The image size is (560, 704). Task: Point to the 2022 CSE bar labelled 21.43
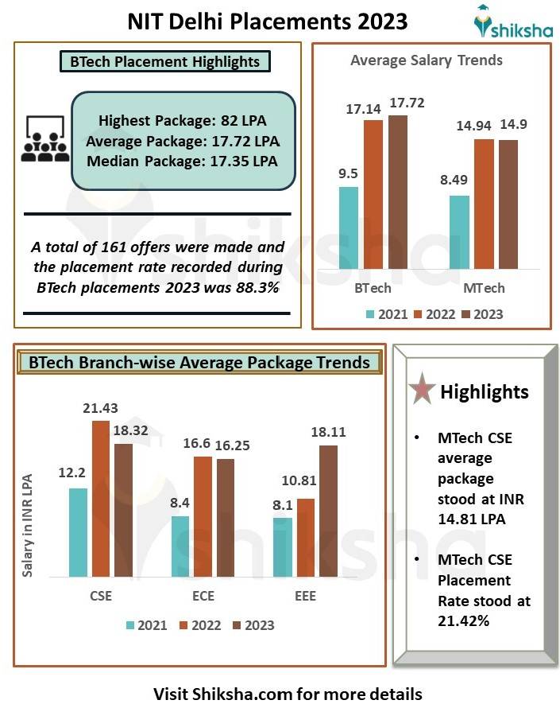[100, 498]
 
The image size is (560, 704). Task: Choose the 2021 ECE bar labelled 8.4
[180, 546]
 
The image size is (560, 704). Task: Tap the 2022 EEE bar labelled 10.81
[305, 537]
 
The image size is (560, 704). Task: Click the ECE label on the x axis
[203, 596]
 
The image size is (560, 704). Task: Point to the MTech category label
[484, 288]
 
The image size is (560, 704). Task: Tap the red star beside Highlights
[420, 391]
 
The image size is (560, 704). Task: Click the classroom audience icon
[43, 140]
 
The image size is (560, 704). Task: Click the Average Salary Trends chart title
[426, 60]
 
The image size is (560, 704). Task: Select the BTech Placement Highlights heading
[165, 61]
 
